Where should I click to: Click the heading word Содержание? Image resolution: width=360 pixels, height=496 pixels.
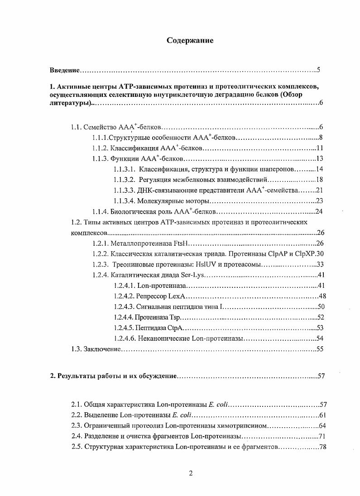190,40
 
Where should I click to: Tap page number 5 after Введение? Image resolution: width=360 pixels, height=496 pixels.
319,70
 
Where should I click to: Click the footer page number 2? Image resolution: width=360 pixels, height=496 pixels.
191,473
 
